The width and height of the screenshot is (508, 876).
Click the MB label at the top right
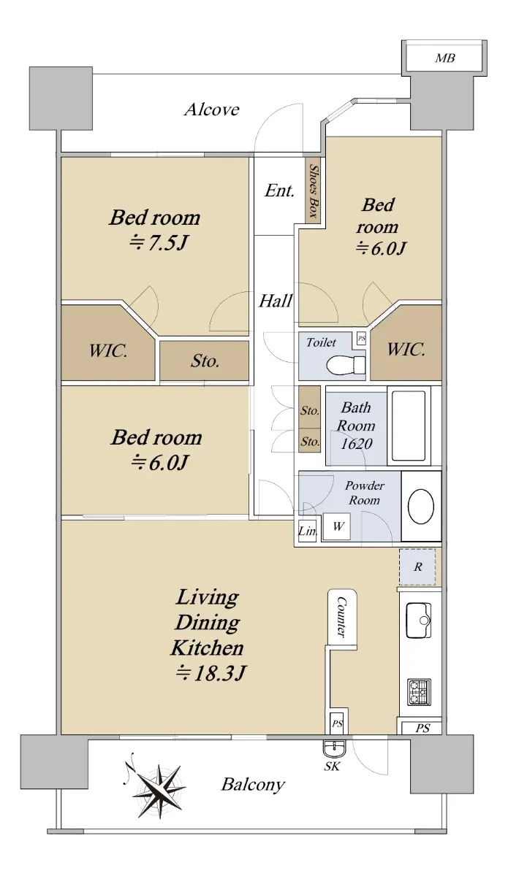pos(445,58)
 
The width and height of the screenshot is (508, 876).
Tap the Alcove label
pos(211,109)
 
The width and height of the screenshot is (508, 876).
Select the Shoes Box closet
pos(313,191)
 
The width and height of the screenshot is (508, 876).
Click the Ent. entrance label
pos(279,191)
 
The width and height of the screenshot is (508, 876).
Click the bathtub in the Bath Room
pos(409,426)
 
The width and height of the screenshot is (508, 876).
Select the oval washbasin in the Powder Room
pos(421,507)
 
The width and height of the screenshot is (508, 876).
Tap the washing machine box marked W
pos(337,526)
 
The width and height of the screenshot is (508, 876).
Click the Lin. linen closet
pos(307,531)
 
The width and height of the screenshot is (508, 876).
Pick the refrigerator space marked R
pos(417,566)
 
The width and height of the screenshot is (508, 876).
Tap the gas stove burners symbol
pos(419,692)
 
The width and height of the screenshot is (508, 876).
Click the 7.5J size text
pos(159,244)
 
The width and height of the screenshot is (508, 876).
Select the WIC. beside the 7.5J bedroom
pos(108,350)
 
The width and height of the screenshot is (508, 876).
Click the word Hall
pos(276,301)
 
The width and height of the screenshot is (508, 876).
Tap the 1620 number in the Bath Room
pos(357,444)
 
